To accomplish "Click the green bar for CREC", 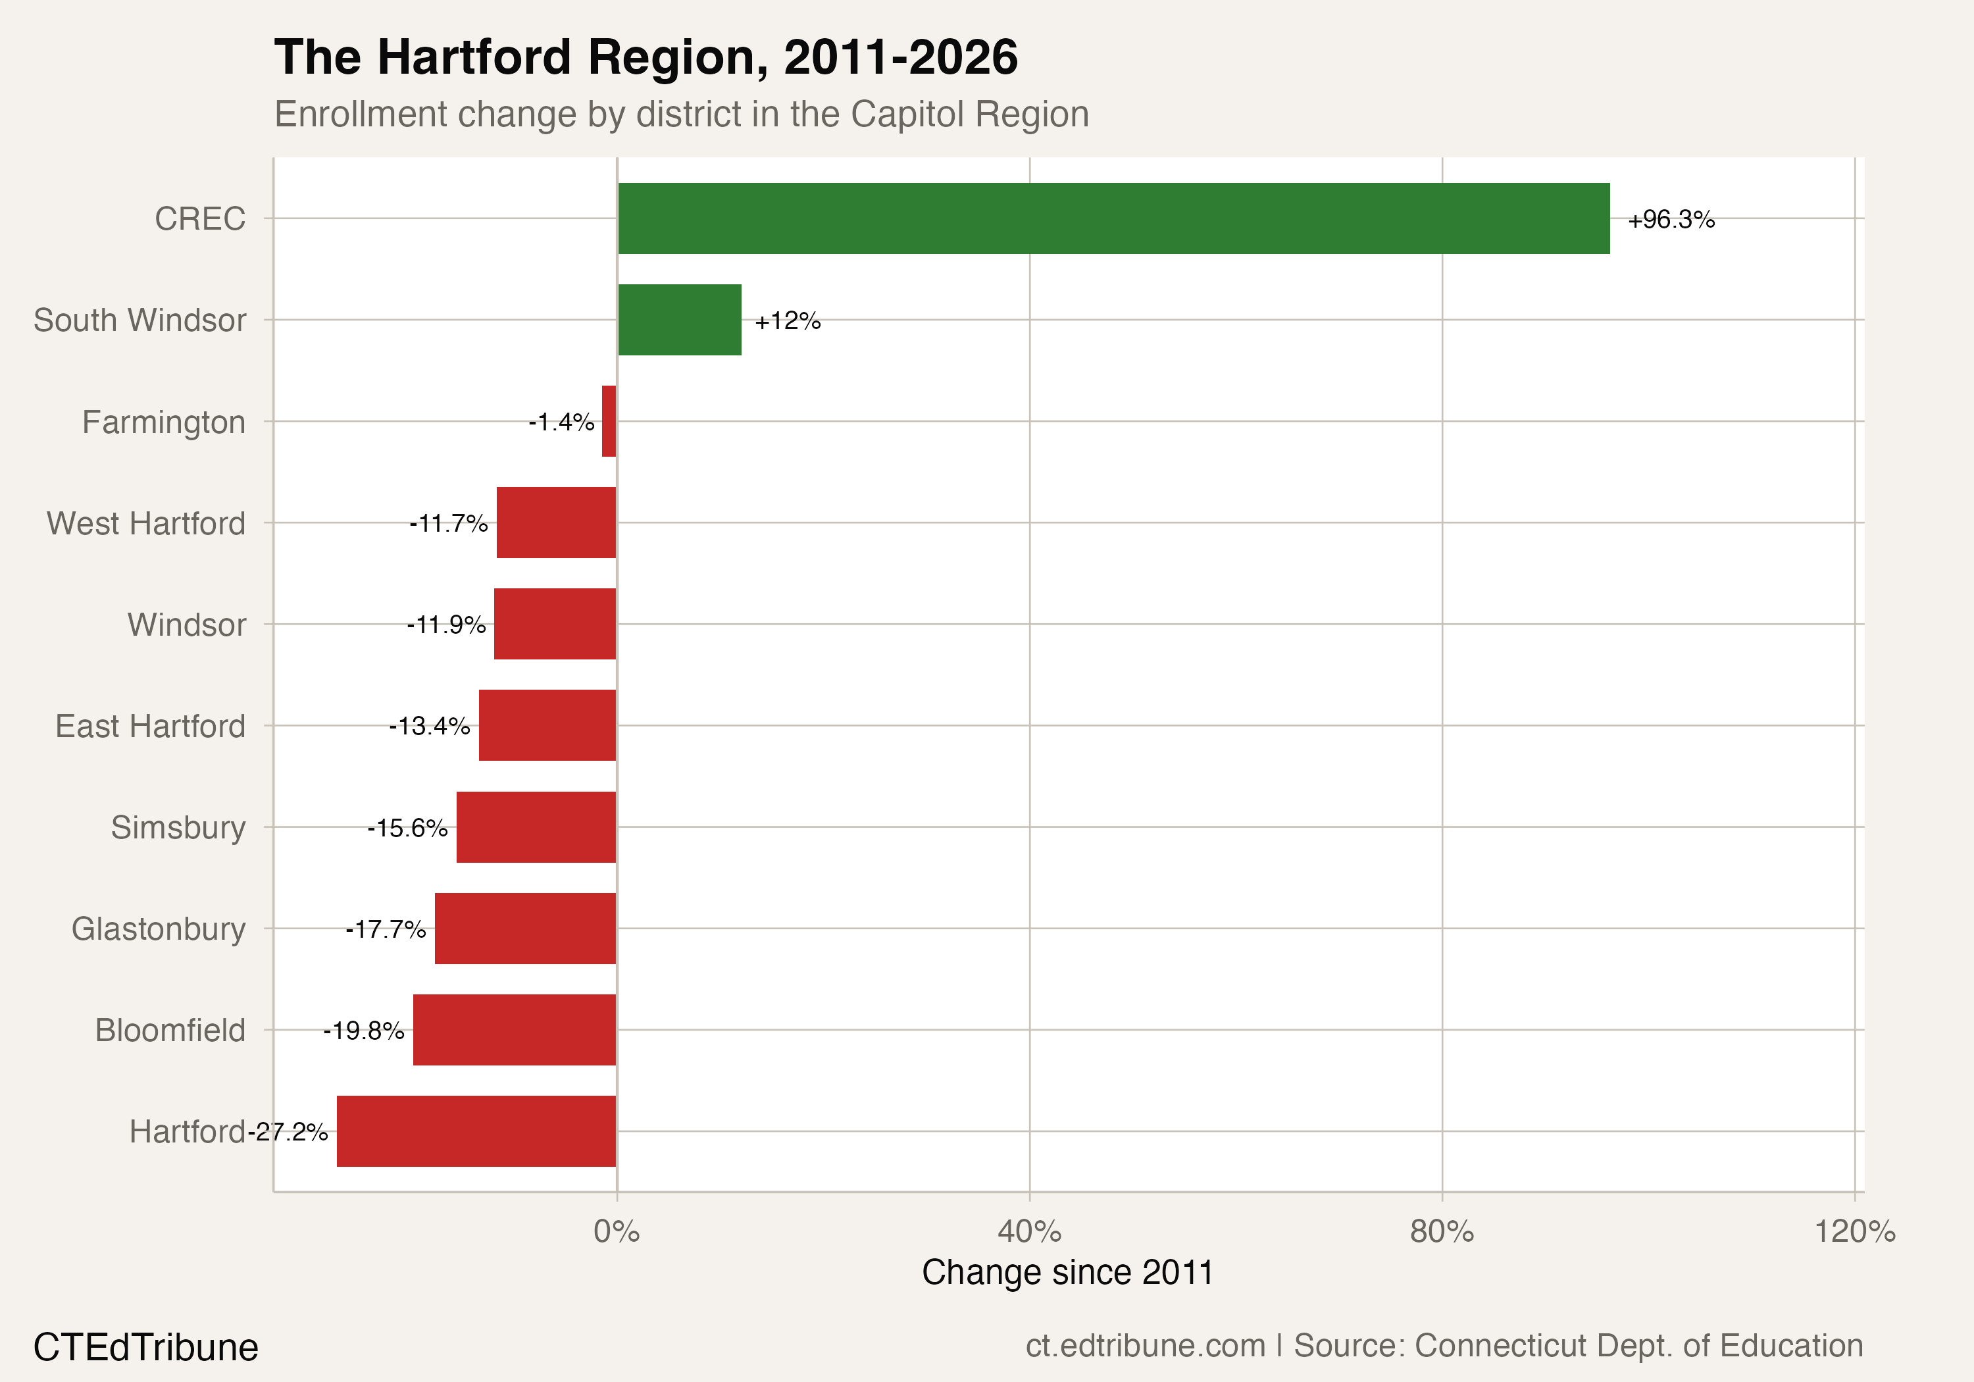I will [x=1113, y=218].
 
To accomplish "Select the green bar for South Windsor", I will [x=679, y=320].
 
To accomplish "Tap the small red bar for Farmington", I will [x=609, y=421].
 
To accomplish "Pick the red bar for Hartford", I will [x=476, y=1131].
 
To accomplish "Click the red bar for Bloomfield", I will [x=514, y=1029].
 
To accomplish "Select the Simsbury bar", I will [x=536, y=827].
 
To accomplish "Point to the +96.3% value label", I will [x=1671, y=220].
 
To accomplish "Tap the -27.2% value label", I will [x=288, y=1132].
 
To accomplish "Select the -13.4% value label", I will [x=429, y=726].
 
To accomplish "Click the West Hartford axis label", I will [x=146, y=523].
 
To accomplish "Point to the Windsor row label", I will [x=187, y=625].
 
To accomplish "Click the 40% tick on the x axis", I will [x=1029, y=1231].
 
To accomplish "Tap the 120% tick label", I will [x=1854, y=1231].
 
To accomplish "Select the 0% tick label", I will [x=617, y=1231].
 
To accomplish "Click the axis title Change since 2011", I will [x=1067, y=1272].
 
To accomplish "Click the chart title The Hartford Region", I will [x=645, y=58].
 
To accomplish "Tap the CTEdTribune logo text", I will [x=145, y=1346].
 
